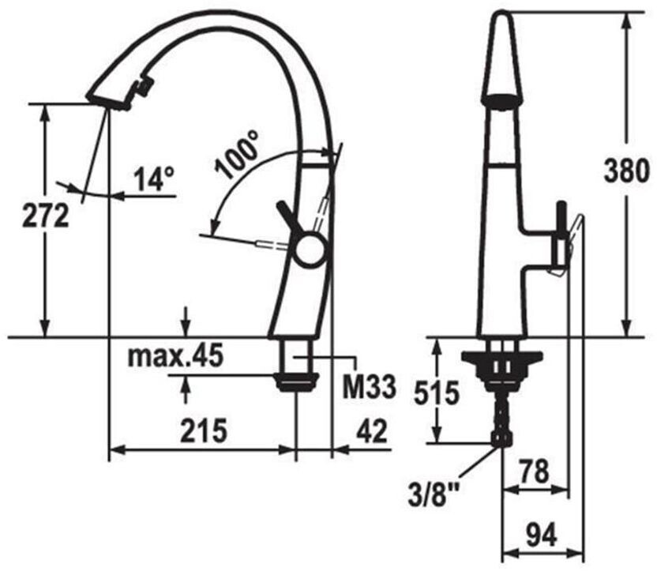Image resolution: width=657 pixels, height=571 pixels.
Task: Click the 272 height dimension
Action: (45, 216)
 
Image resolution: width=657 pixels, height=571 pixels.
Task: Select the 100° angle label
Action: (237, 154)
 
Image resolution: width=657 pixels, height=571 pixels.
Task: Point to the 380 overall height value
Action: (627, 171)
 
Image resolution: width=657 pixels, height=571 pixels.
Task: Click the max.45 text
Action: (175, 356)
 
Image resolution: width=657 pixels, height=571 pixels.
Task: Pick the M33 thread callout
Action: (369, 387)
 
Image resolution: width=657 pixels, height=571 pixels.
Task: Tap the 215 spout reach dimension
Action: (204, 430)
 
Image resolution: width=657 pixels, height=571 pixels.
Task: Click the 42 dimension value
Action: (371, 431)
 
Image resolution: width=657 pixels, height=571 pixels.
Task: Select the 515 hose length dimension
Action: (437, 394)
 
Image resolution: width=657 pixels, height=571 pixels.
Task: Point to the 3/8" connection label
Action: (433, 494)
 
